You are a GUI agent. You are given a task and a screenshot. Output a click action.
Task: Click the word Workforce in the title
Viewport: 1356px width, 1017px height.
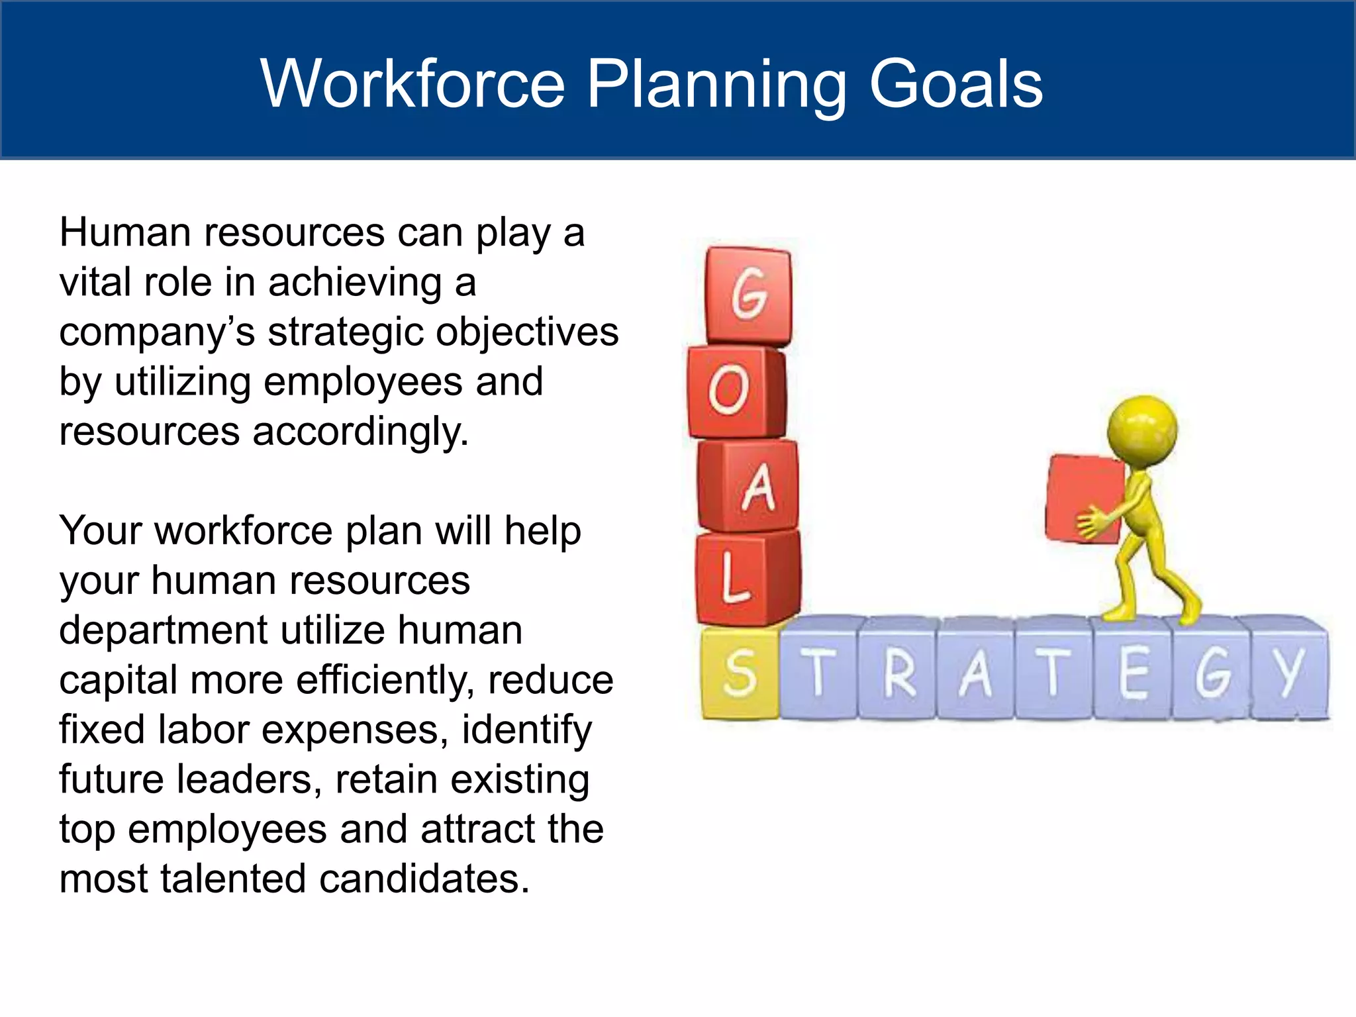click(412, 84)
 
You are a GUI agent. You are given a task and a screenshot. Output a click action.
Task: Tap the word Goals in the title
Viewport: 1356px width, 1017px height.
click(955, 84)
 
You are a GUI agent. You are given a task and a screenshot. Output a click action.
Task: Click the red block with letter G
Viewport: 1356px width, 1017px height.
click(748, 295)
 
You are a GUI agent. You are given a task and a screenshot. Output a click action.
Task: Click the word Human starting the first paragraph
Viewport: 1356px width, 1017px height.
click(125, 233)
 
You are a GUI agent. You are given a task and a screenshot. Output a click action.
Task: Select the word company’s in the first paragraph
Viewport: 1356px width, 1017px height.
click(157, 333)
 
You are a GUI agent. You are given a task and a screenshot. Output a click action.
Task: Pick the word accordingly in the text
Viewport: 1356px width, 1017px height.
click(360, 432)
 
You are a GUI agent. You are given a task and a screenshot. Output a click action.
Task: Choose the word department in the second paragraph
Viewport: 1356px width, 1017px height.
click(163, 631)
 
